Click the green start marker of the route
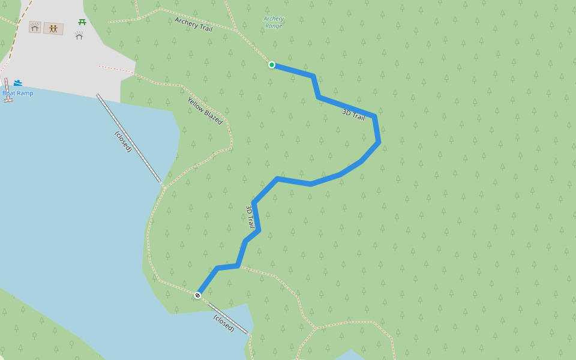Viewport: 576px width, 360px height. (x=272, y=65)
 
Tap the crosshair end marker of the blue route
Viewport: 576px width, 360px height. (x=197, y=295)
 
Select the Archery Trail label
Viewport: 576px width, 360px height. (x=193, y=23)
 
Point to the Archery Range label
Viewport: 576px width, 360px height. (x=274, y=22)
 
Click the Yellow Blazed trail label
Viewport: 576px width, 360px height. (x=205, y=111)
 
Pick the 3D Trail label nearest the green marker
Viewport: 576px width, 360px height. (x=353, y=115)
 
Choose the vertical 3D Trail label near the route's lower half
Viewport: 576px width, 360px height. (x=250, y=217)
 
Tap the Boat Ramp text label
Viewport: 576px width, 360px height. (x=18, y=94)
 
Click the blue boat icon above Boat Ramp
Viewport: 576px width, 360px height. (x=18, y=83)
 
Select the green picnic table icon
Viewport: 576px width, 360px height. (x=82, y=22)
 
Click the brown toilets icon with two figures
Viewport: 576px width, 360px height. (x=53, y=28)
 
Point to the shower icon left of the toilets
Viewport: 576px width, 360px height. (x=35, y=27)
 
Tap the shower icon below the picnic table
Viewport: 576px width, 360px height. (x=79, y=36)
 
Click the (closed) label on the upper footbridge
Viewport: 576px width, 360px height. (x=123, y=141)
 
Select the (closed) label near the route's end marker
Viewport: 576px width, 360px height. (x=224, y=323)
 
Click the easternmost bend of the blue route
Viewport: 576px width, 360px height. (x=378, y=142)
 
